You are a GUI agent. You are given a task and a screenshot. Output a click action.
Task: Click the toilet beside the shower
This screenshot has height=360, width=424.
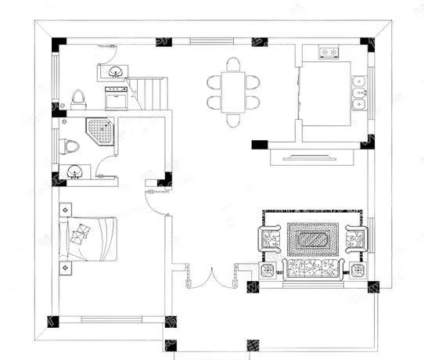69,146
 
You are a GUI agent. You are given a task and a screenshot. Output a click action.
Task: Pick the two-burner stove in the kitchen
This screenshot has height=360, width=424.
328,53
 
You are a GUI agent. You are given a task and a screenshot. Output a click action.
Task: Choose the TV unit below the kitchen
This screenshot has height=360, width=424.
311,157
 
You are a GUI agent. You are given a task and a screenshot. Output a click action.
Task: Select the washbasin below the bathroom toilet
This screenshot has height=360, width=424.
74,172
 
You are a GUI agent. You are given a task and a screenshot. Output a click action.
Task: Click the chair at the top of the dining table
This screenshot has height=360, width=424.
233,63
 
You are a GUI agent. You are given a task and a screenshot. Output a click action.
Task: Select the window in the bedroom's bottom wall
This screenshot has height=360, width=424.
110,319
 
